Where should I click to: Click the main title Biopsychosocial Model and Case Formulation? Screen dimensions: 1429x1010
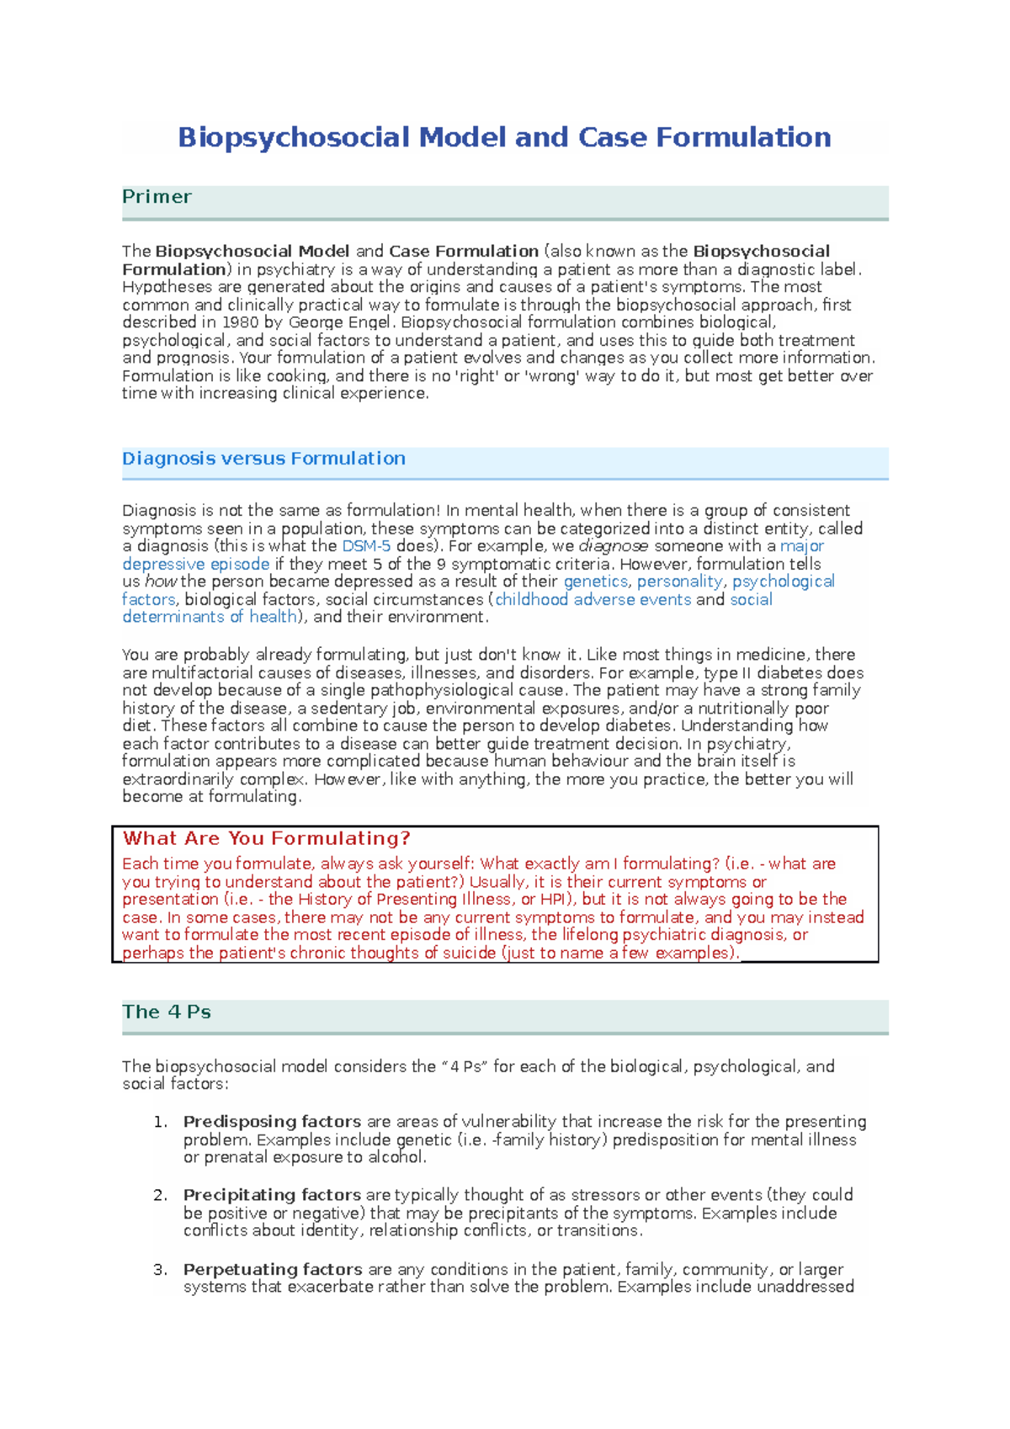(x=504, y=137)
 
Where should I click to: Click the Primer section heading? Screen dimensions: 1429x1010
(x=157, y=197)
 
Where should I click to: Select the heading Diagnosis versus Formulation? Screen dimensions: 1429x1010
(x=263, y=459)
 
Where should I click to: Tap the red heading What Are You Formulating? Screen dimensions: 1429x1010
(x=266, y=838)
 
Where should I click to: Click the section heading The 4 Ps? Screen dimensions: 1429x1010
(x=166, y=1012)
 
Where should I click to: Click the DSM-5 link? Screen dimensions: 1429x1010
(x=365, y=546)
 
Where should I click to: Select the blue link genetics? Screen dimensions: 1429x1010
(x=595, y=582)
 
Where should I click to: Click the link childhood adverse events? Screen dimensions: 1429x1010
(x=593, y=599)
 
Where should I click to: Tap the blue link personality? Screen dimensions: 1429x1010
(x=679, y=582)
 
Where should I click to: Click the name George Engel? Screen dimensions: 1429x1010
(x=339, y=322)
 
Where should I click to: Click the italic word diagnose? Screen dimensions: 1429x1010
(x=614, y=546)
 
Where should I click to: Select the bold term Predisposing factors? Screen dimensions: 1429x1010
(x=272, y=1122)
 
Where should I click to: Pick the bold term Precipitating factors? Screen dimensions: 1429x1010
(x=272, y=1195)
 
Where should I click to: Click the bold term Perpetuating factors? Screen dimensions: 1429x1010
(x=273, y=1269)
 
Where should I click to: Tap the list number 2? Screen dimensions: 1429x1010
(x=160, y=1195)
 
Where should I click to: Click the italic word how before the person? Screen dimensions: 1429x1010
(x=160, y=582)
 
